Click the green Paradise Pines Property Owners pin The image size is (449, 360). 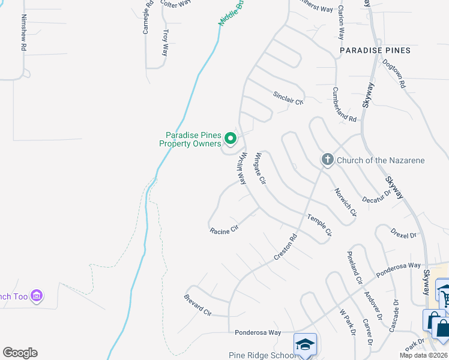pyautogui.click(x=230, y=139)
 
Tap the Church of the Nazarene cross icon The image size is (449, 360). pyautogui.click(x=327, y=160)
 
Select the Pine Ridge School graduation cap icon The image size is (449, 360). pyautogui.click(x=305, y=344)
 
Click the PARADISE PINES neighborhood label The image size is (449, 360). pyautogui.click(x=375, y=50)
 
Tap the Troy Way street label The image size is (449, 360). pyautogui.click(x=166, y=43)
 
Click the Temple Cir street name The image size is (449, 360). pyautogui.click(x=320, y=225)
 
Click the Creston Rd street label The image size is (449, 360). pyautogui.click(x=286, y=247)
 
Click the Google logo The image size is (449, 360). pyautogui.click(x=20, y=353)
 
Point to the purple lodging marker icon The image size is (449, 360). pyautogui.click(x=37, y=295)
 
